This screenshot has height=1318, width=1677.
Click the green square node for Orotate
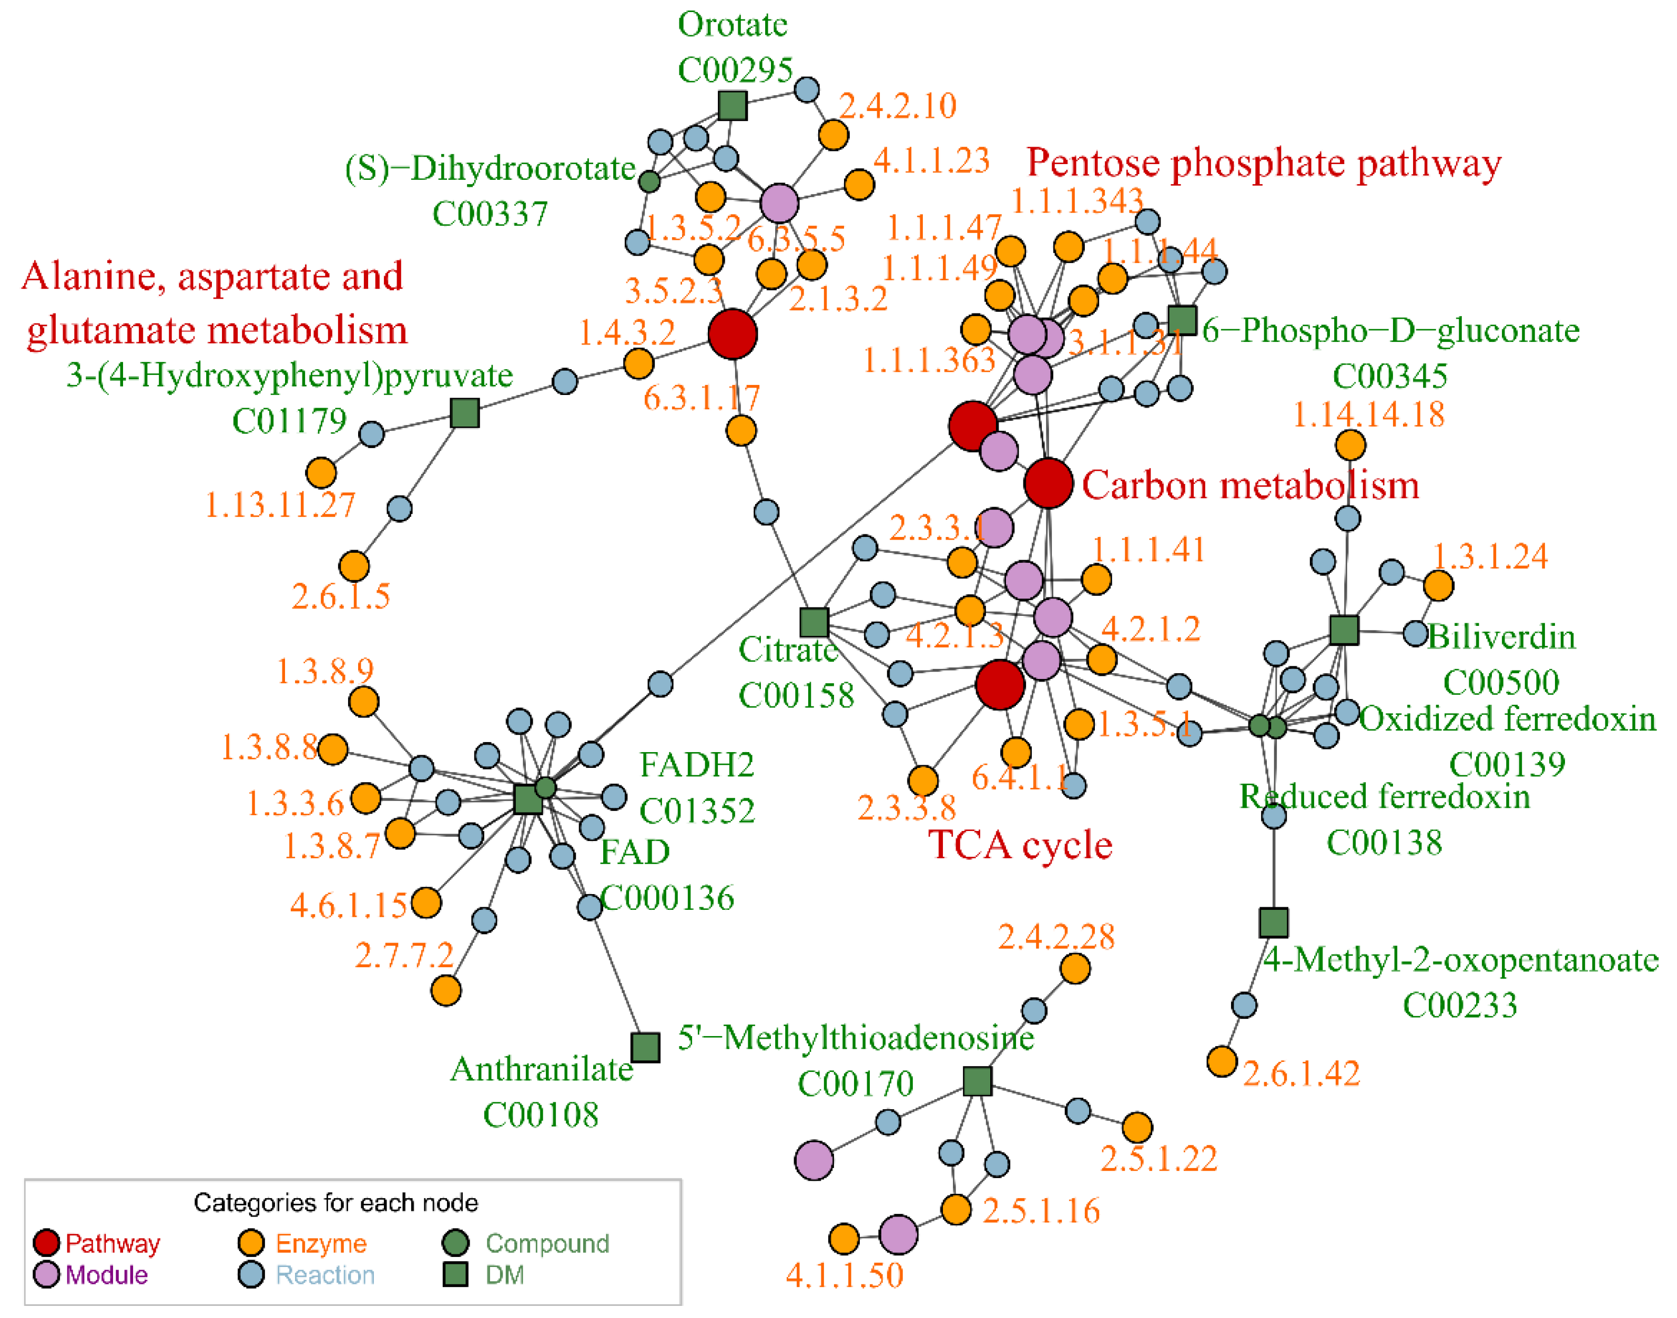732,105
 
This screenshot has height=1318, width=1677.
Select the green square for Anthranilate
645,1047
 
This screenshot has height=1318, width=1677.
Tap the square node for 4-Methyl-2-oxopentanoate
1274,922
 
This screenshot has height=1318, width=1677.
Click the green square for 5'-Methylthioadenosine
978,1081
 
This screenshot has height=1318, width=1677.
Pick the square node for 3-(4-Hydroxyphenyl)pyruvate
464,413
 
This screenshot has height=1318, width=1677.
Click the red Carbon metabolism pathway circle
1048,483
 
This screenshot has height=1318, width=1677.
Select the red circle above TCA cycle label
1000,684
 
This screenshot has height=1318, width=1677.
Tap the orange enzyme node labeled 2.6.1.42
1222,1061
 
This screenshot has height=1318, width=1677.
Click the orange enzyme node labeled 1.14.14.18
1350,444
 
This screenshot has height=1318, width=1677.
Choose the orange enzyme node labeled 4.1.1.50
844,1239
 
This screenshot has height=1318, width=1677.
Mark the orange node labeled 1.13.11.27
321,472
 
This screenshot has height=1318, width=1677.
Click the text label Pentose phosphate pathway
1264,164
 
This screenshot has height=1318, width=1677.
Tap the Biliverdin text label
1501,637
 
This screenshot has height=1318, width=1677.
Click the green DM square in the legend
455,1275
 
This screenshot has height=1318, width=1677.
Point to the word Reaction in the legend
325,1275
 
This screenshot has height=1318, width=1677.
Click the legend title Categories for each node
336,1202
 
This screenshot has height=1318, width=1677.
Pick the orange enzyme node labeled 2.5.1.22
1137,1128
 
